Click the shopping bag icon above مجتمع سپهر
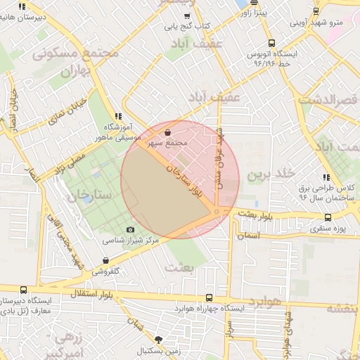pos(167,131)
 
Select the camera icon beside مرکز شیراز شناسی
pos(130,230)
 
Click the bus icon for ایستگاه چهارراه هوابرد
pos(209,297)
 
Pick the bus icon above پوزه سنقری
pos(328,217)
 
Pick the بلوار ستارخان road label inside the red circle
pos(188,180)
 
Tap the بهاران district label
pos(75,71)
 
